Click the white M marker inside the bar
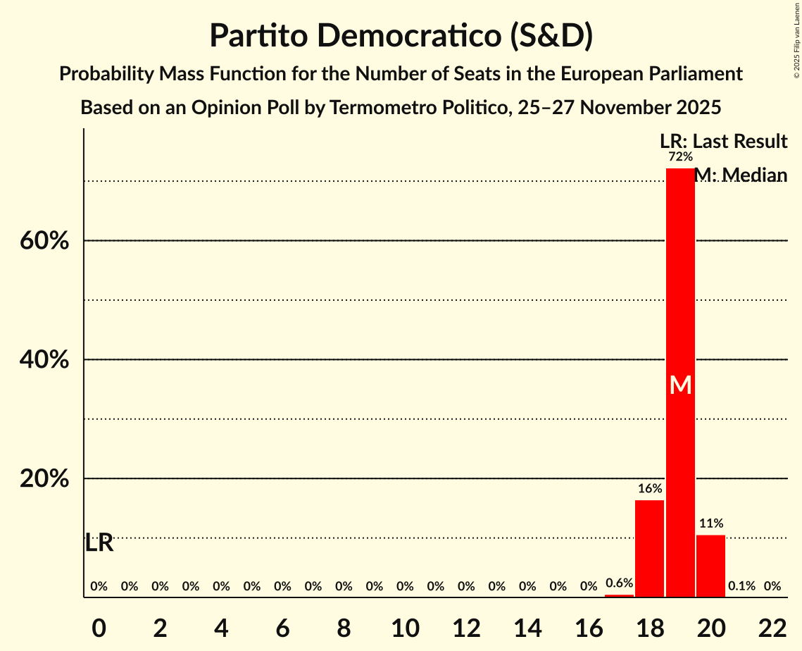pos(680,385)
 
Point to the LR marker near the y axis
pos(99,543)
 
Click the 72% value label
pos(680,156)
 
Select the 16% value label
pos(649,488)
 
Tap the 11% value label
pos(710,523)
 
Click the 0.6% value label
pos(619,583)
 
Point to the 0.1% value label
pos(741,586)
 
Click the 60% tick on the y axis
pos(44,241)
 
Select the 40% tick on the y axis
pos(44,360)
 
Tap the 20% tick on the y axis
pos(44,479)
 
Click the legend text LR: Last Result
pos(723,142)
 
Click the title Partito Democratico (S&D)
pos(401,36)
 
